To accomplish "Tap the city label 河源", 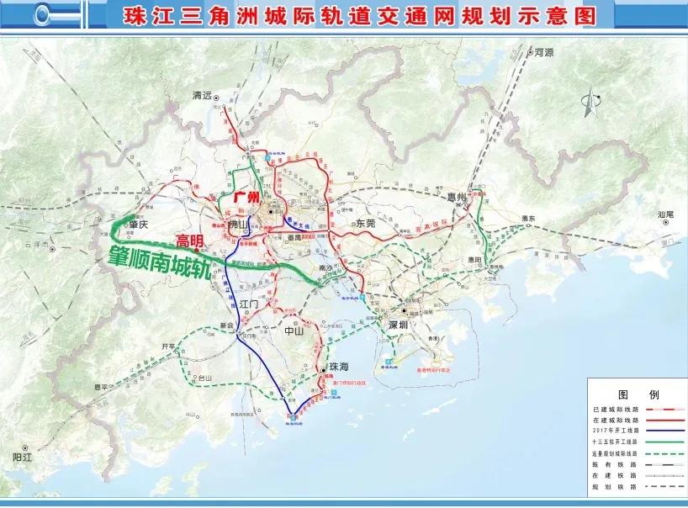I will click(x=544, y=52).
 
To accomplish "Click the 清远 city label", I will click(x=204, y=96).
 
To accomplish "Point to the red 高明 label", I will click(x=189, y=241).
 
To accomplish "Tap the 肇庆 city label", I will click(x=137, y=225).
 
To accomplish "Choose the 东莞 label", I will click(x=364, y=224).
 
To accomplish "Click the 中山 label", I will click(x=294, y=331).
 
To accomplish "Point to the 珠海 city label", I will click(x=338, y=368).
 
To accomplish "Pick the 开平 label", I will click(x=157, y=347).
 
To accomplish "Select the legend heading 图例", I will click(x=638, y=394).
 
